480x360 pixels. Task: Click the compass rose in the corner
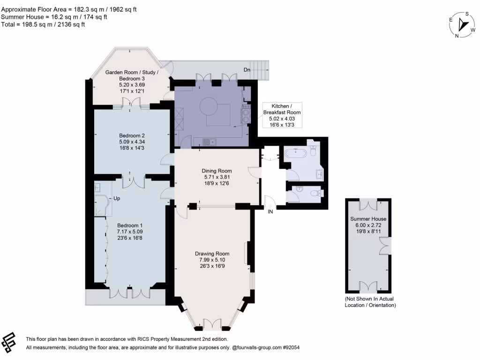click(x=462, y=24)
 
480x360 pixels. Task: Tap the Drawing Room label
click(x=212, y=254)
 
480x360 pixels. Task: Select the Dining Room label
click(x=217, y=171)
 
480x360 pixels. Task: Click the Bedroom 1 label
click(x=130, y=225)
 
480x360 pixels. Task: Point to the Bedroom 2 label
click(x=132, y=135)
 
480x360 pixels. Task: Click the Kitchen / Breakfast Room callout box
click(x=282, y=115)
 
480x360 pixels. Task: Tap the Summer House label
click(x=368, y=219)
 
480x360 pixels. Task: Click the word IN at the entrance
click(x=270, y=211)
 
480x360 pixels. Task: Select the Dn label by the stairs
click(x=247, y=70)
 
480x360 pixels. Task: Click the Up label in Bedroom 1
click(x=117, y=198)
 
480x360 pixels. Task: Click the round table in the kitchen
click(x=209, y=106)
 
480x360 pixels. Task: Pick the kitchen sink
click(x=210, y=142)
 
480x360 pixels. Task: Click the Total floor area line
click(x=43, y=24)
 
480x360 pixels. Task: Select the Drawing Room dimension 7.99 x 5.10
click(x=212, y=260)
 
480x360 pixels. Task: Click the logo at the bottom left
click(x=8, y=342)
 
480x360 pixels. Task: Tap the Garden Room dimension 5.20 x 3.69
click(x=132, y=85)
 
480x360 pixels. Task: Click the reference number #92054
click(x=291, y=347)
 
